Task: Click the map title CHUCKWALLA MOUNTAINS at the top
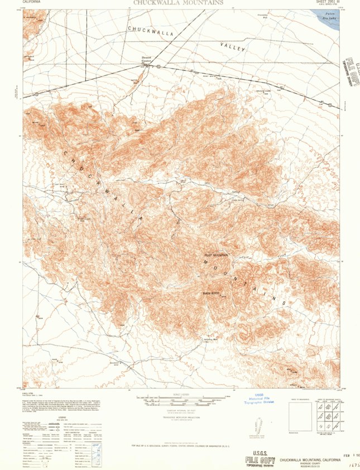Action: pos(179,3)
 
